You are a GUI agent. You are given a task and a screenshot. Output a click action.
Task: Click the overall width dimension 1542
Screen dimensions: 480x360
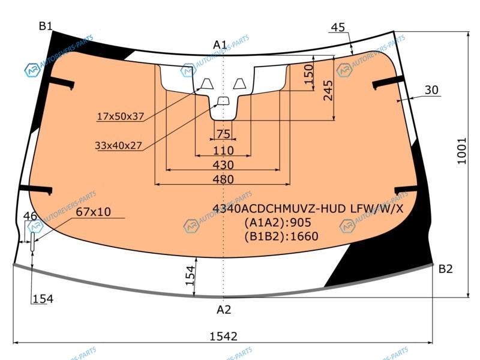(x=223, y=336)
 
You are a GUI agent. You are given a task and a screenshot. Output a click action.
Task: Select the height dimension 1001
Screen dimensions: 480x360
(x=462, y=151)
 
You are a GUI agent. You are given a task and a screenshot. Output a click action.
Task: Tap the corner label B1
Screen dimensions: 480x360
(x=46, y=26)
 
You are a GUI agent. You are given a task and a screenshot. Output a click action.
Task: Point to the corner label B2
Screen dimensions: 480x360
(x=445, y=269)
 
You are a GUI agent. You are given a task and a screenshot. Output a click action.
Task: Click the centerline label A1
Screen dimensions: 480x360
(x=220, y=44)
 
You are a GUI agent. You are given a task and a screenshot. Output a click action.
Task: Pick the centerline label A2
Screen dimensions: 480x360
(x=224, y=310)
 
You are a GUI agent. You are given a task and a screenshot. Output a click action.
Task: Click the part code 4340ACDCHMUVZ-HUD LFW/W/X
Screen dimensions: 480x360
(x=308, y=208)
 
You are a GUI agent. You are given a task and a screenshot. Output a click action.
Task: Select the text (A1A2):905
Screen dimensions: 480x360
(x=278, y=222)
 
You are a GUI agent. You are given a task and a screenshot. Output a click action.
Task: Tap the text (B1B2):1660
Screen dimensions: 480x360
(x=281, y=236)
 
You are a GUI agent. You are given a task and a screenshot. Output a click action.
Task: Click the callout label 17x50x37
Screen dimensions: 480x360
(x=121, y=116)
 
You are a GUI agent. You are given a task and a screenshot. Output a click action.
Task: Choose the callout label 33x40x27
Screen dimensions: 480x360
(x=118, y=145)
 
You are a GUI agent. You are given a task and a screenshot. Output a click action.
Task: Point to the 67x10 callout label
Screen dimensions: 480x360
(x=94, y=212)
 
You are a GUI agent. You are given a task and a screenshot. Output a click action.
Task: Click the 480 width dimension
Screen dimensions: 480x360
(x=223, y=179)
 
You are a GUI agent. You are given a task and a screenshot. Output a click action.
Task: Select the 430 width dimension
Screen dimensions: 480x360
(x=223, y=165)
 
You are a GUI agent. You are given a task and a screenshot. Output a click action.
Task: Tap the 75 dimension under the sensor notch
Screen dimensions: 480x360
(x=223, y=134)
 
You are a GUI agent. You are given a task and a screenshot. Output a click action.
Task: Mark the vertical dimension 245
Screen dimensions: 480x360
(x=328, y=91)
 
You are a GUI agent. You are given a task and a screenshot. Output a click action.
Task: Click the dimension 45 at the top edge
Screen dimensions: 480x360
(x=338, y=27)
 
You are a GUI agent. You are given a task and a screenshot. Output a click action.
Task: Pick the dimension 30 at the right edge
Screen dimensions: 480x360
(x=431, y=89)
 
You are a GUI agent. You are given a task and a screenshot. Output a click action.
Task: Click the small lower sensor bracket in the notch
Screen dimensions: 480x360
(x=223, y=101)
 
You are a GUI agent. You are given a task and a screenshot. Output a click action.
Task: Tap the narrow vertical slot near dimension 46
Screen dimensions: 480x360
(x=32, y=242)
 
